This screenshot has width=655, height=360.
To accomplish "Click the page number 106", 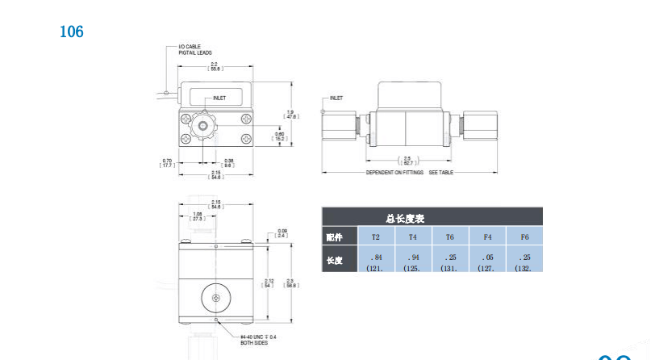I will [72, 32].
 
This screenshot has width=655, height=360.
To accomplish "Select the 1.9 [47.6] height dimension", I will [292, 114].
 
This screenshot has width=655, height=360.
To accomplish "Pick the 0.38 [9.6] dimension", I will [228, 162].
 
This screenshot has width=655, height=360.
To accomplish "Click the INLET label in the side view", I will [336, 98].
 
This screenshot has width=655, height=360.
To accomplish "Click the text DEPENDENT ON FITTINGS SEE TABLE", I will [408, 173].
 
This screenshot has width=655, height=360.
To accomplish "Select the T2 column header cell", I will [375, 237].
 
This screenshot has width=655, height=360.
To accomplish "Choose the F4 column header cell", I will [487, 237].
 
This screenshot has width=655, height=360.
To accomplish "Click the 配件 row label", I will [334, 237].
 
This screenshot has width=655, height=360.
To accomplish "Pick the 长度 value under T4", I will [413, 262].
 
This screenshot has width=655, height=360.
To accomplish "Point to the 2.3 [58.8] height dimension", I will [293, 283].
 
